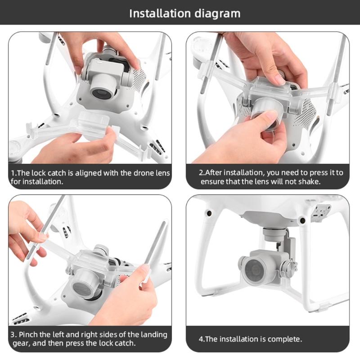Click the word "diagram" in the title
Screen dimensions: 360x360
[218, 13]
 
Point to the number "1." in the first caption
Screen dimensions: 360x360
[14, 173]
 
